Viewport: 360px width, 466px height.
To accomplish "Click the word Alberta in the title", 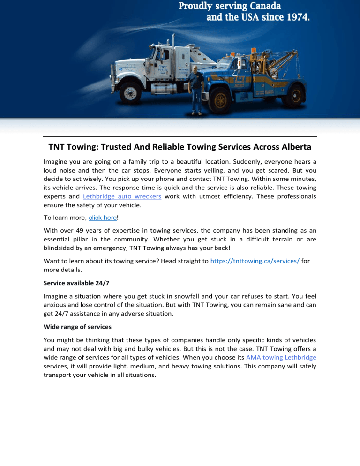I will [x=291, y=147].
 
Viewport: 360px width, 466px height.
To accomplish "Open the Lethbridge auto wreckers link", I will [x=122, y=196].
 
